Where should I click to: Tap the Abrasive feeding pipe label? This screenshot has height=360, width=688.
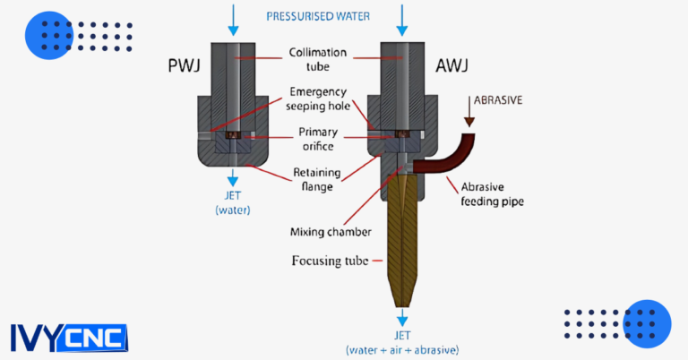pos(491,194)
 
